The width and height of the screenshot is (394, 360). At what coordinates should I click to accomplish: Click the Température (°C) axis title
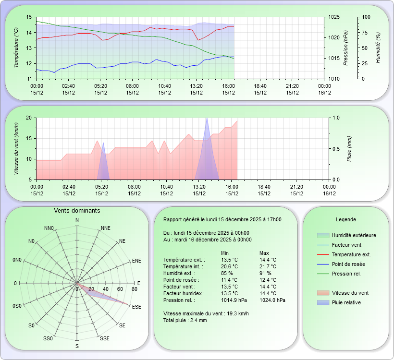click(16, 48)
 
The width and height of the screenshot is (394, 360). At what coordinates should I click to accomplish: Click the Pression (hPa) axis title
click(346, 48)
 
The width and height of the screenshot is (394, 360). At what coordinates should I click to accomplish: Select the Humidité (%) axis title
click(378, 48)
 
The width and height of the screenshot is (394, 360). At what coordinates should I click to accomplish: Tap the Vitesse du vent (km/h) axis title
click(16, 148)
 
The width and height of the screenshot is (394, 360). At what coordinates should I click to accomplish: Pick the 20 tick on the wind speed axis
click(28, 118)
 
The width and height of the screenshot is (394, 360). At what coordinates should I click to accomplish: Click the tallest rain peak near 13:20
click(207, 119)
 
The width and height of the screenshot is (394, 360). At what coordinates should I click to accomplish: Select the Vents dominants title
click(77, 211)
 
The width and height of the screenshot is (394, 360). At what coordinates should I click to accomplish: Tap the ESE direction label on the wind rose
click(136, 307)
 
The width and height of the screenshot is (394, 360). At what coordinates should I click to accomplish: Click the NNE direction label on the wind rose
click(106, 228)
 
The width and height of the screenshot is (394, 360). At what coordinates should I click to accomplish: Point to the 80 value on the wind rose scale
click(134, 289)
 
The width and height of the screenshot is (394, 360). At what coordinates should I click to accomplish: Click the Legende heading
click(345, 219)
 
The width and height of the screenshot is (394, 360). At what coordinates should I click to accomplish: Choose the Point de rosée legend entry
click(348, 264)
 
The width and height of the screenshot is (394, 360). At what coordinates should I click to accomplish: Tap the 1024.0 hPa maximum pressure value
click(272, 300)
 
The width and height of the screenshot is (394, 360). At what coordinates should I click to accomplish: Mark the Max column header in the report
click(264, 253)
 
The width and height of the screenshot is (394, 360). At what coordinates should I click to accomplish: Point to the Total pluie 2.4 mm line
click(185, 320)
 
